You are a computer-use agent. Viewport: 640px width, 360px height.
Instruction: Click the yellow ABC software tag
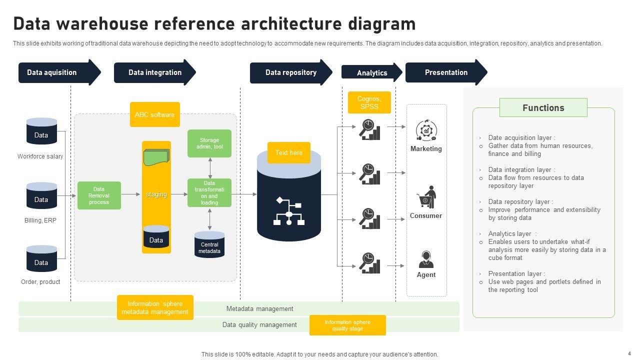pyautogui.click(x=154, y=114)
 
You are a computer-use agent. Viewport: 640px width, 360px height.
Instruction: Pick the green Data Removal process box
pyautogui.click(x=99, y=195)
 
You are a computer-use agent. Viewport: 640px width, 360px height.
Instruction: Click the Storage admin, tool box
pyautogui.click(x=209, y=143)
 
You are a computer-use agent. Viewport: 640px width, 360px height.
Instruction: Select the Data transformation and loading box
pyautogui.click(x=209, y=193)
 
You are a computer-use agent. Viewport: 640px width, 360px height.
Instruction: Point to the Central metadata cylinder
pyautogui.click(x=209, y=245)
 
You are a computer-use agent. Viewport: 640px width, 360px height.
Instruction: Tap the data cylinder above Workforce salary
pyautogui.click(x=41, y=131)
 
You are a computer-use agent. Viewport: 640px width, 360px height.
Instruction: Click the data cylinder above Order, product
pyautogui.click(x=41, y=259)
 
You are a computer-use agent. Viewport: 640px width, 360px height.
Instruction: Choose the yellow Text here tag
pyautogui.click(x=288, y=152)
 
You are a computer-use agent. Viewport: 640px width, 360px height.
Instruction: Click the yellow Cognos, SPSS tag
pyautogui.click(x=369, y=102)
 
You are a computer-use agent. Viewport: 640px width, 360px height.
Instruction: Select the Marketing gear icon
pyautogui.click(x=426, y=130)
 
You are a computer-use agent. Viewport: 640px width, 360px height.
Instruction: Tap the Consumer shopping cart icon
pyautogui.click(x=426, y=197)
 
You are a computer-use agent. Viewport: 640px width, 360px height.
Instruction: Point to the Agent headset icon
pyautogui.click(x=426, y=259)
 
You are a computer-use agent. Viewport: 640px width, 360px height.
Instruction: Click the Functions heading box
pyautogui.click(x=543, y=107)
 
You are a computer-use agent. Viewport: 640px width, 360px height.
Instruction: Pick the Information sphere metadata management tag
pyautogui.click(x=155, y=307)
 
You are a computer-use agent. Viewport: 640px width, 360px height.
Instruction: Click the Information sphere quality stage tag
pyautogui.click(x=347, y=325)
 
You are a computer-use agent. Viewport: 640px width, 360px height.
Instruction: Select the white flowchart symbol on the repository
pyautogui.click(x=289, y=211)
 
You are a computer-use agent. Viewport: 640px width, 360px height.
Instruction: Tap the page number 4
pyautogui.click(x=629, y=353)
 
